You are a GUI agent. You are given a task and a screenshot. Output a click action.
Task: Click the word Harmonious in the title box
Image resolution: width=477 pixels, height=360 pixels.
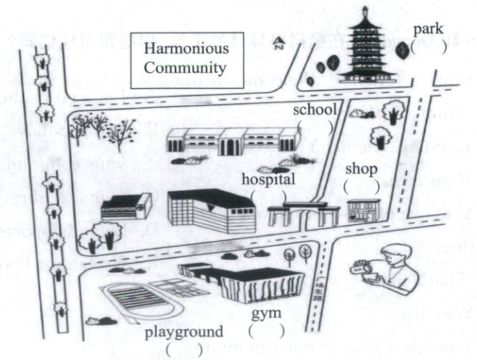(185, 50)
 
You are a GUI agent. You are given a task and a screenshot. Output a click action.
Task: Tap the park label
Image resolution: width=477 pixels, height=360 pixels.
(429, 30)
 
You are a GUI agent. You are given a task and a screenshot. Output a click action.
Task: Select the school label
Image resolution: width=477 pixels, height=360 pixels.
(315, 110)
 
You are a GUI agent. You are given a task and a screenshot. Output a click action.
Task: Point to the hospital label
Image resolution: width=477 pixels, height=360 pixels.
(269, 178)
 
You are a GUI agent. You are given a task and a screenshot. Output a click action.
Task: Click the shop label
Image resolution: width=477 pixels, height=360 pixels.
(360, 169)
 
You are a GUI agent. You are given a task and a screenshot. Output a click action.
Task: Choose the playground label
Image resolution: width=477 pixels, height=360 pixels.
(184, 332)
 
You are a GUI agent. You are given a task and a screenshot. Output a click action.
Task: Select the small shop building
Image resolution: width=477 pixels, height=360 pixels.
(364, 210)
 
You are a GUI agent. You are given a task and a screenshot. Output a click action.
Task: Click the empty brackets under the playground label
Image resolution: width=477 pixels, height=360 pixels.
(184, 349)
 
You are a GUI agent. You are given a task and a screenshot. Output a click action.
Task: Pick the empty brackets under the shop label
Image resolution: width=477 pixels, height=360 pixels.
(362, 187)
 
